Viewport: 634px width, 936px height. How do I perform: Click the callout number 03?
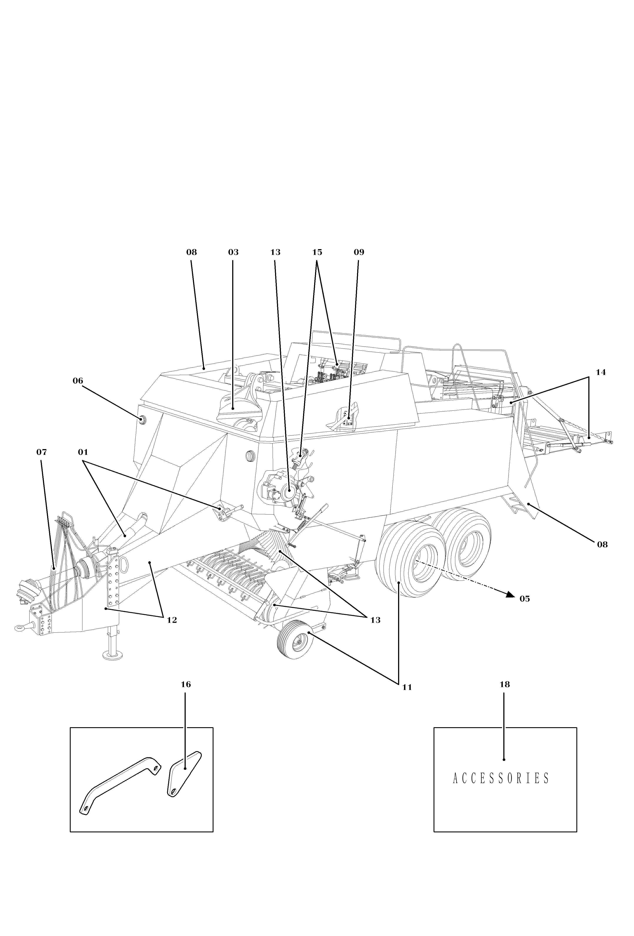pyautogui.click(x=233, y=252)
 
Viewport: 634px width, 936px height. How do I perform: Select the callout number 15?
pyautogui.click(x=317, y=252)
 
